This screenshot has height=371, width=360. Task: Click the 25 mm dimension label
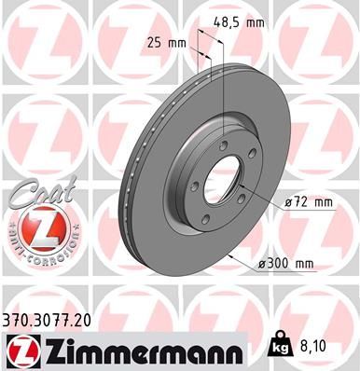(169, 42)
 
